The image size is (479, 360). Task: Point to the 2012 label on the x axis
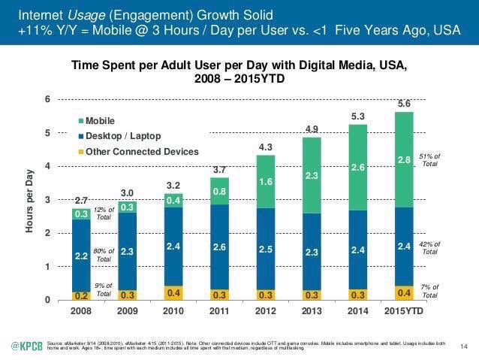point(266,310)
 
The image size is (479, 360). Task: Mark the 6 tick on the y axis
point(47,99)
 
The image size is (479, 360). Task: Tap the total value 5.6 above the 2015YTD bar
point(405,104)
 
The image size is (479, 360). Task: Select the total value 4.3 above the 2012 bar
point(266,148)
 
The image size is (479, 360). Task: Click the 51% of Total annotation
point(430,160)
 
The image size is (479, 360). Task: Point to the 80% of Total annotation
point(104,255)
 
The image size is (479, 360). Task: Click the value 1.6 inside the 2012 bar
point(266,182)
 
